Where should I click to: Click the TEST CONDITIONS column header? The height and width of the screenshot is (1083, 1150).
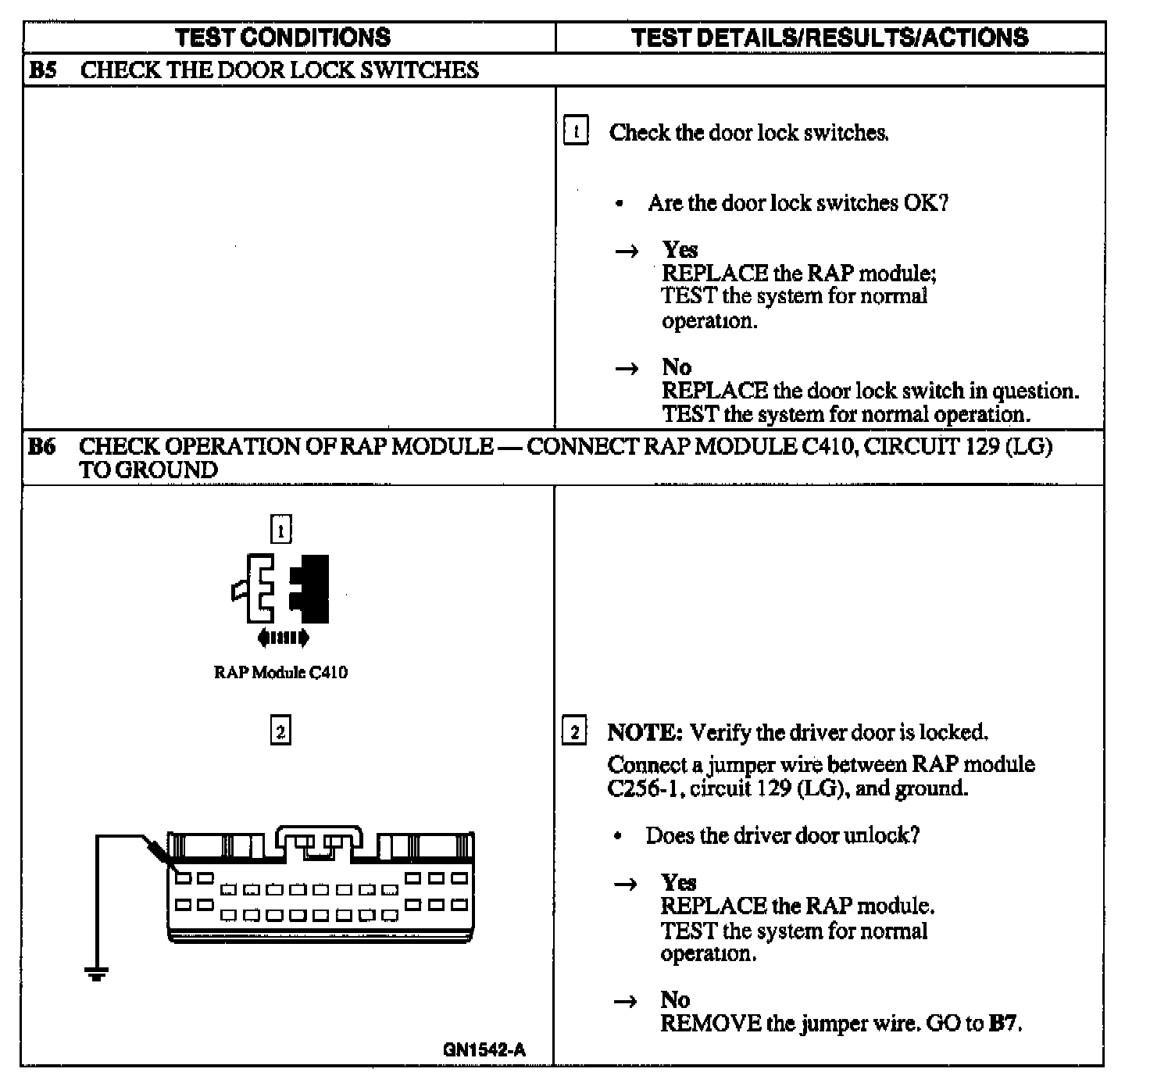[283, 38]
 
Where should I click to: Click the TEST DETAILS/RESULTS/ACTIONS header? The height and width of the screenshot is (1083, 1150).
[830, 38]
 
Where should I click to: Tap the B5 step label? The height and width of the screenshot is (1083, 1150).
[42, 70]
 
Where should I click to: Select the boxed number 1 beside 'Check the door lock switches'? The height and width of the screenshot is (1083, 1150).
[576, 131]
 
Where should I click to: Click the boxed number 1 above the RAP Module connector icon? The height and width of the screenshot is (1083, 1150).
[280, 530]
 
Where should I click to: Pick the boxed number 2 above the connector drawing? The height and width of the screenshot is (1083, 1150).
[280, 731]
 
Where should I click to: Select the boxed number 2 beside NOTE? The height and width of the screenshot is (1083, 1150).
[574, 732]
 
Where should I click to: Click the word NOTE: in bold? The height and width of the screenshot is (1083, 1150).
[645, 732]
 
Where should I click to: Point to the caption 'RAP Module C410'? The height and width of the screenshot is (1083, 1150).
[280, 672]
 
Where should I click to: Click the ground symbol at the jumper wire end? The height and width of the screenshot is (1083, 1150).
[97, 974]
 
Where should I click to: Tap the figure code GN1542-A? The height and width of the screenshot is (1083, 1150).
[484, 1049]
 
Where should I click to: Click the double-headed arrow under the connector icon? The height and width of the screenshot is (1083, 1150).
[283, 638]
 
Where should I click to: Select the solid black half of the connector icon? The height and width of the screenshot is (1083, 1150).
[311, 588]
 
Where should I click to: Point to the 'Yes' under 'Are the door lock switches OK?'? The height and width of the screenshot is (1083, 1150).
[680, 249]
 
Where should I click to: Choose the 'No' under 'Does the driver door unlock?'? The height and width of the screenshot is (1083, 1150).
[675, 999]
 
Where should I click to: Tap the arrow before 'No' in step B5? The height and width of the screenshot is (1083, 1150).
[627, 368]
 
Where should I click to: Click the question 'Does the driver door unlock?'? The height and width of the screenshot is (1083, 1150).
[782, 835]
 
